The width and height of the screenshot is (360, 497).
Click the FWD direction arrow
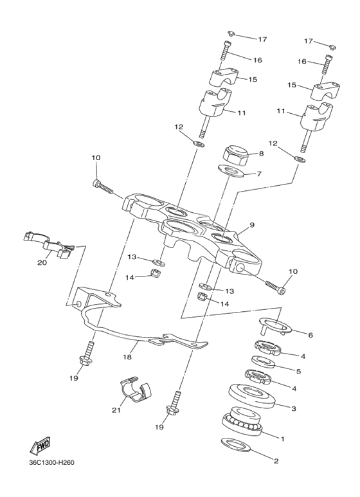click(x=40, y=446)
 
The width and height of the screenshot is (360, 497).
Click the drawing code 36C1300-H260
click(x=51, y=463)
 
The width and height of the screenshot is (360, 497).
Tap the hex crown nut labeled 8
click(x=236, y=154)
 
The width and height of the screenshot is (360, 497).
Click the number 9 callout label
click(x=252, y=225)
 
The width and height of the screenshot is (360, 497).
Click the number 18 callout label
click(x=127, y=357)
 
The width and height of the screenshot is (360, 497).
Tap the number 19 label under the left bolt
click(x=73, y=378)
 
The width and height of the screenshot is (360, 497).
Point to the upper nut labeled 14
click(x=157, y=272)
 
